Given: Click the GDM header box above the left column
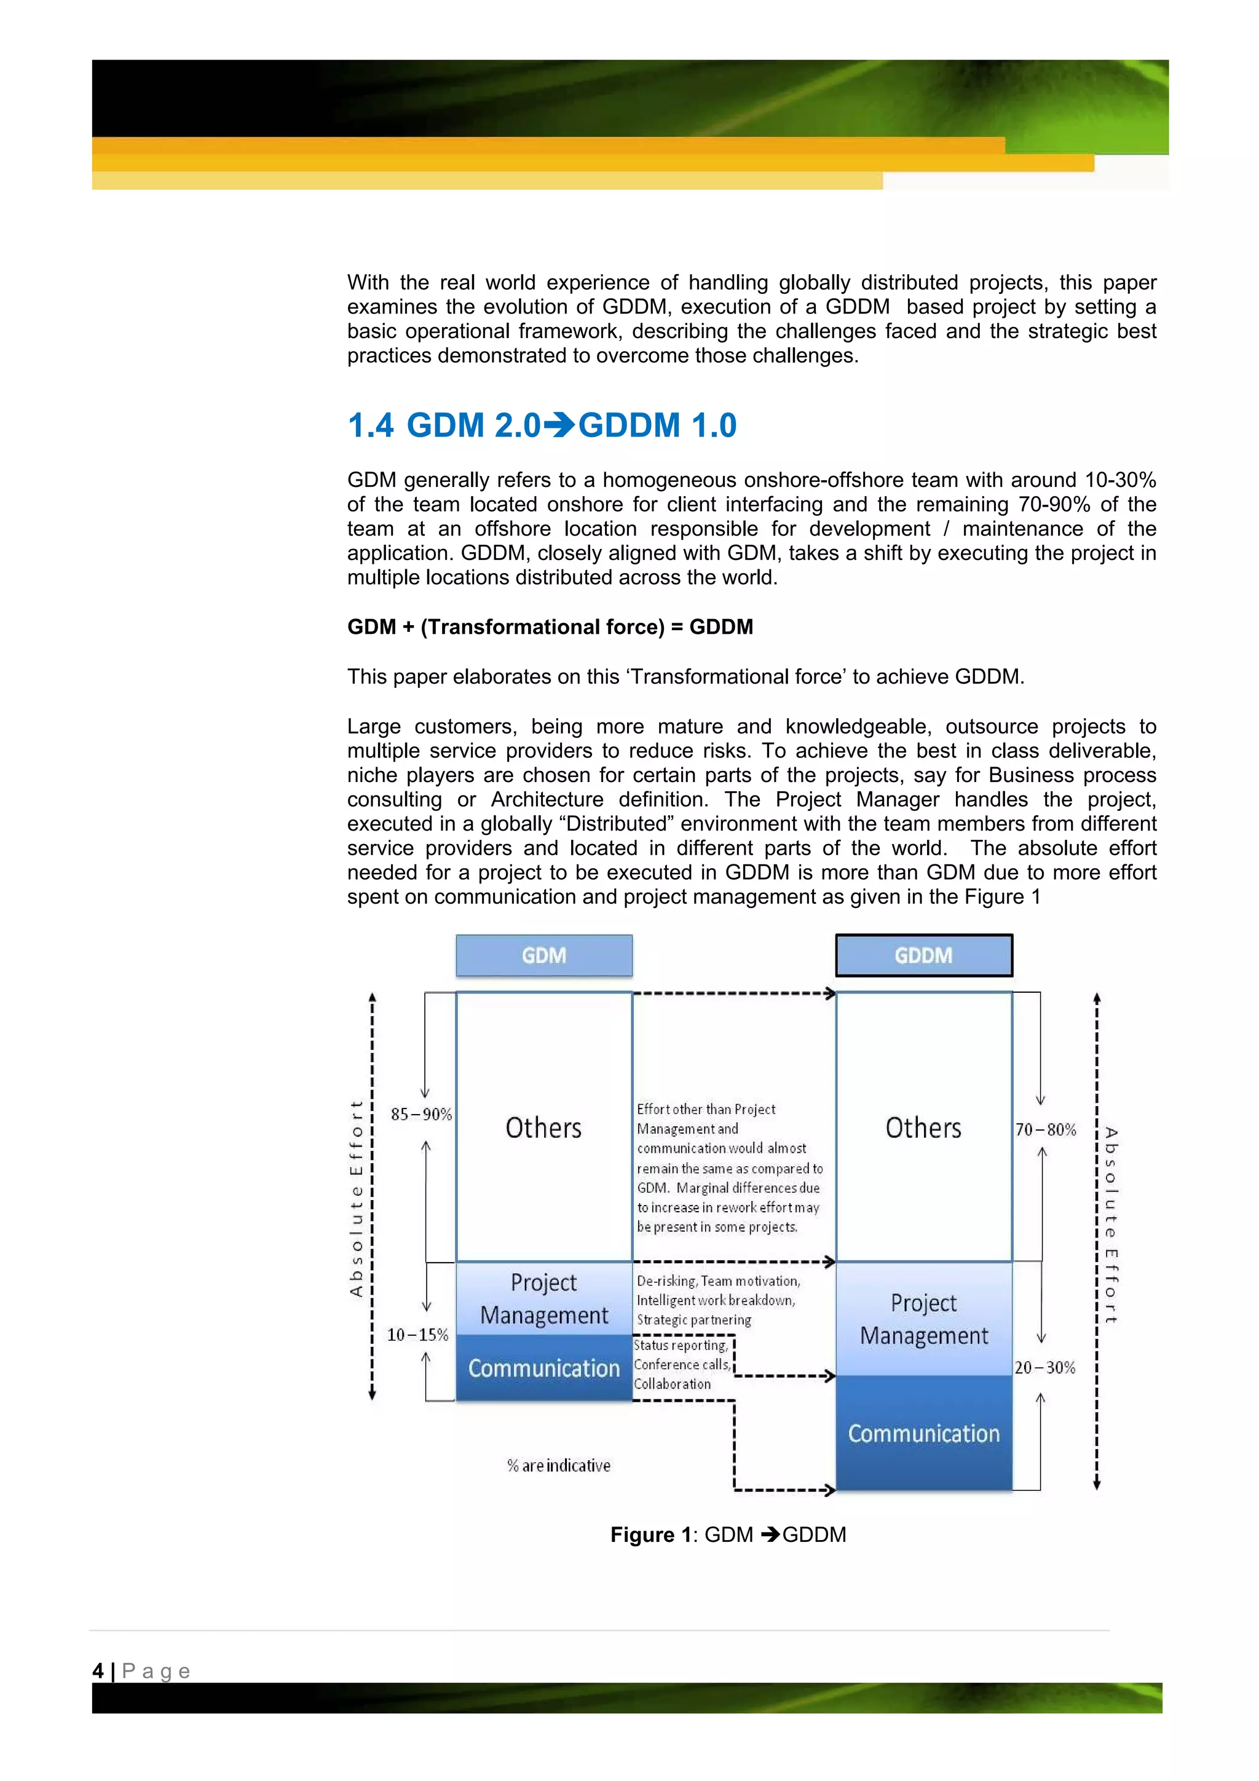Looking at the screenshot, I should pos(544,955).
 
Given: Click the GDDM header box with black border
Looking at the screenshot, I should pos(923,955).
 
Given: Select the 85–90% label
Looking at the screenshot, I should pos(421,1115).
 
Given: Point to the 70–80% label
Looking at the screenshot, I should pos(1046,1129).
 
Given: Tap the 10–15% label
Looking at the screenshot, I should pos(417,1335).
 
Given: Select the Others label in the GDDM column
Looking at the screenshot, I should pos(923,1128).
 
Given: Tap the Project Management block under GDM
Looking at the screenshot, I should pos(544,1298).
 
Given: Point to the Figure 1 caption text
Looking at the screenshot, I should pos(728,1535).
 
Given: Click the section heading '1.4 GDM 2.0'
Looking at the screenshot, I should pos(542,425).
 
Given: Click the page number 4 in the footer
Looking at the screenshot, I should pos(98,1671).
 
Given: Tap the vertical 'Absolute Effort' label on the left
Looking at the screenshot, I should pos(356,1198).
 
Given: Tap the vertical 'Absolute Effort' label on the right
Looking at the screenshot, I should pos(1111,1226).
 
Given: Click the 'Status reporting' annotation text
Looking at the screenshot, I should pos(681,1345).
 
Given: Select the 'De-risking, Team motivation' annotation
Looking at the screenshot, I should pos(717,1281).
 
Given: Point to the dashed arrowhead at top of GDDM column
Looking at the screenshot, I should pos(831,993).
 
